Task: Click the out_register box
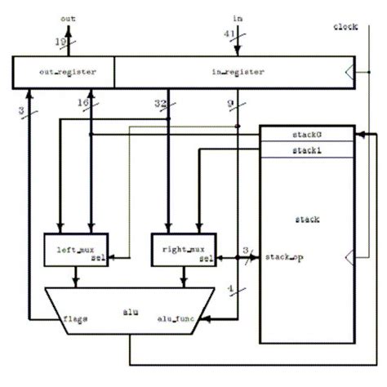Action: point(64,73)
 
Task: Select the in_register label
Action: point(238,72)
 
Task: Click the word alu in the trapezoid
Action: point(130,310)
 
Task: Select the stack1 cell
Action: point(307,149)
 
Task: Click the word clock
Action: point(345,28)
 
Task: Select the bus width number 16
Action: point(82,104)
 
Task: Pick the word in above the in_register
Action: point(238,17)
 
